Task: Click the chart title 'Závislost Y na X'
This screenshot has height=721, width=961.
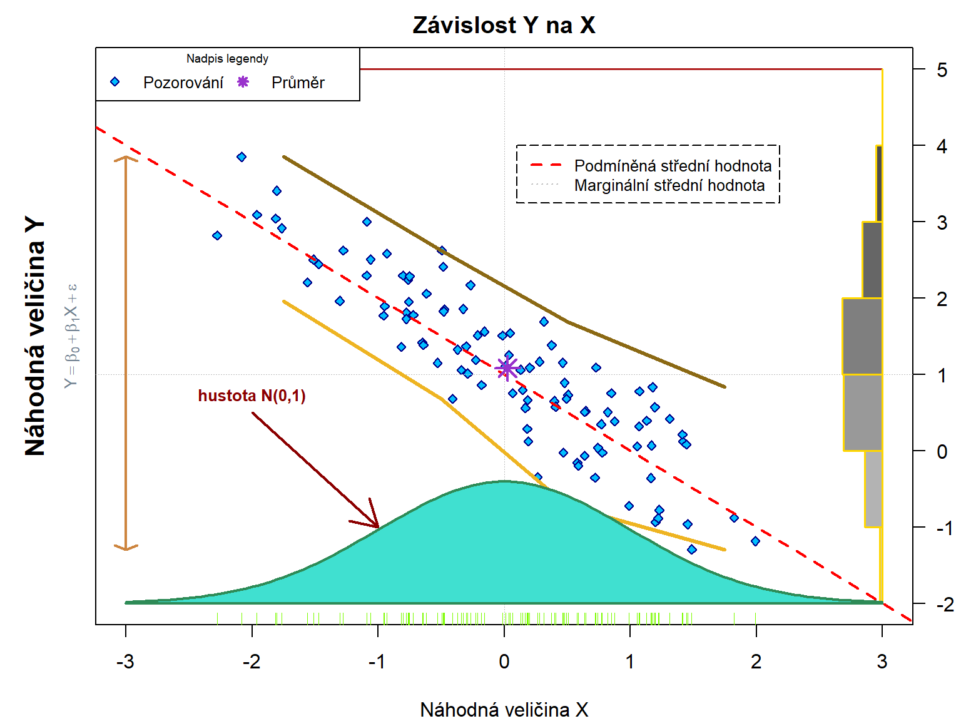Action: coord(504,25)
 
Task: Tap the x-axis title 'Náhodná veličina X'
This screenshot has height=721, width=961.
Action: coord(504,710)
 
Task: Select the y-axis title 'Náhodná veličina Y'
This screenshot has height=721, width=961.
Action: coord(36,336)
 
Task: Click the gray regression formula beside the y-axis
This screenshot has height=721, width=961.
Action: coord(72,336)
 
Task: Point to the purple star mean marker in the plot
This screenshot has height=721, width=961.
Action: coord(507,368)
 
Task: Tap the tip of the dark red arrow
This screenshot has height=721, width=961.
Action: coord(379,528)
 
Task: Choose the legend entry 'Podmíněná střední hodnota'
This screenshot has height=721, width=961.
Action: coord(673,166)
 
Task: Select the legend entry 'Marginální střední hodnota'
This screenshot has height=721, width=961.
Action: coord(669,185)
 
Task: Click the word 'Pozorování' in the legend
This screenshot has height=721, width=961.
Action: coord(183,83)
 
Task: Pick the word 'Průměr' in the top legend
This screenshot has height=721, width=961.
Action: coord(298,83)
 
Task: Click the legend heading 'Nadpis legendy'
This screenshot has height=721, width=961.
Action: coord(227,59)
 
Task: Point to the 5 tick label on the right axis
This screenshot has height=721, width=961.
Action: coord(942,69)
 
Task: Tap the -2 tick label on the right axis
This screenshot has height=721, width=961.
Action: coord(944,604)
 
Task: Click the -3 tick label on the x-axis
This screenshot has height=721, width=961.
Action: coord(125,662)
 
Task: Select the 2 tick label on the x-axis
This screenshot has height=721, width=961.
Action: coord(756,662)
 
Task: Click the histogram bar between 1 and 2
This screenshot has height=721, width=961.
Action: coord(862,336)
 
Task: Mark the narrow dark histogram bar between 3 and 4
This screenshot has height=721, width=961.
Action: coord(879,183)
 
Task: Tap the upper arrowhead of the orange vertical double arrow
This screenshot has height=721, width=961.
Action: coord(126,158)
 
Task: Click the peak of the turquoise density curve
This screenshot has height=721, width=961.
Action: coord(504,481)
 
